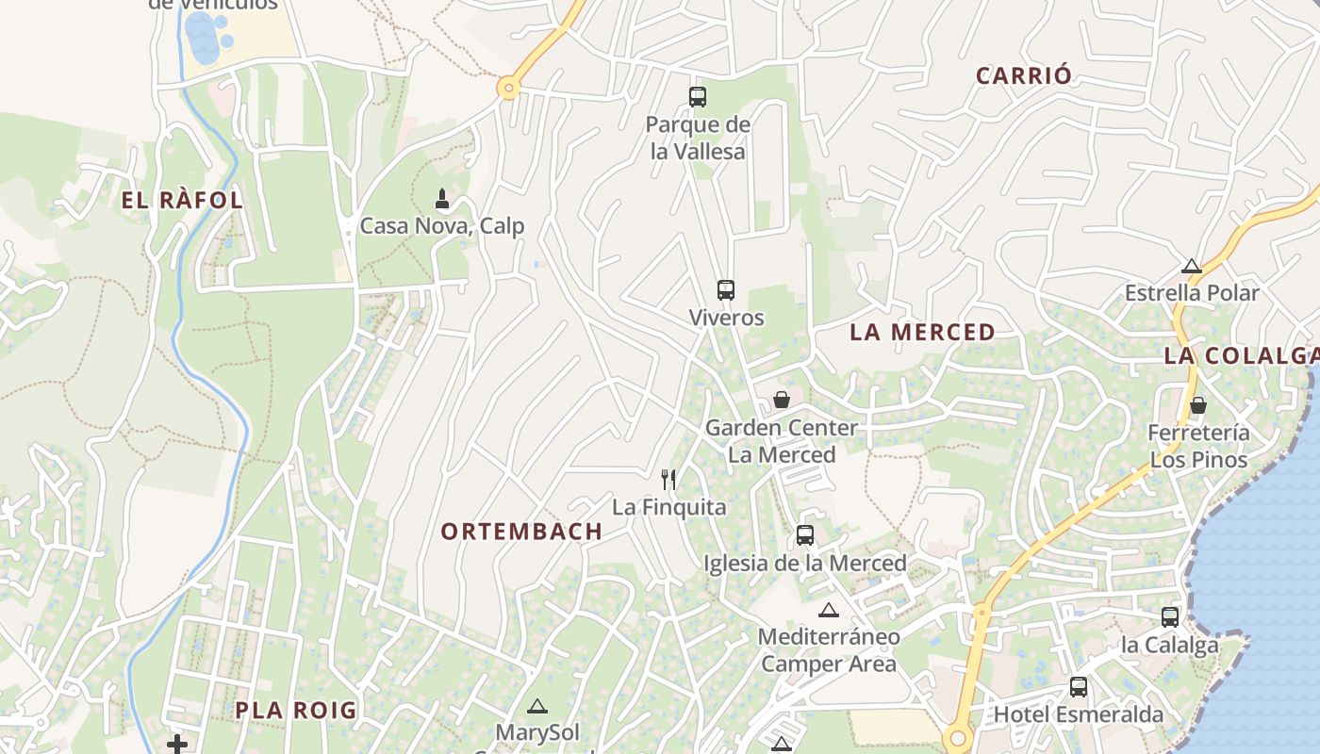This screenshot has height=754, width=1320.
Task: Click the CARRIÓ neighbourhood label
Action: (x=1024, y=76)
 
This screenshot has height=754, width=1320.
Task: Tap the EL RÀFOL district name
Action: (x=182, y=201)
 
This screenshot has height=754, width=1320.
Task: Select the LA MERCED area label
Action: (x=922, y=332)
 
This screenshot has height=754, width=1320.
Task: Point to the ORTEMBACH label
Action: (x=521, y=532)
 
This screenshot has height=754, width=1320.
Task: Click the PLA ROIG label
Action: (x=296, y=711)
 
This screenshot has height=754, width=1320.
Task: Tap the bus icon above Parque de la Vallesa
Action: (x=698, y=96)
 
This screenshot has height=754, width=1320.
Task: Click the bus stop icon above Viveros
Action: (x=725, y=290)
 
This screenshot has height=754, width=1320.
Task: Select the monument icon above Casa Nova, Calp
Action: (x=442, y=199)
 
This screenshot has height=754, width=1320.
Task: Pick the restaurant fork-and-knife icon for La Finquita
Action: (x=668, y=480)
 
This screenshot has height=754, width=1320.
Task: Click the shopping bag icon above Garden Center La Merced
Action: (x=782, y=400)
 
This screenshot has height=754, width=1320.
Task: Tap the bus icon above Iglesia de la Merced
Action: (x=805, y=535)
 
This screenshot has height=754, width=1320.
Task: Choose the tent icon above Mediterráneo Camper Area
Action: (x=829, y=610)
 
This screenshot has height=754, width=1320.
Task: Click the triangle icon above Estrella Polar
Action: (x=1192, y=266)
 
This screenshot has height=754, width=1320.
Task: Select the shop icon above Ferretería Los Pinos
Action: (x=1198, y=406)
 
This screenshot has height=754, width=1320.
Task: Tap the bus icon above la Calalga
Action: (x=1170, y=617)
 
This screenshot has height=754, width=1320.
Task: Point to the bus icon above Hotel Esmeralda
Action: (x=1079, y=687)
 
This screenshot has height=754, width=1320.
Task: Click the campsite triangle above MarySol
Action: (x=536, y=706)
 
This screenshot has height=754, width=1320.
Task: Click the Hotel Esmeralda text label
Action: (x=1079, y=714)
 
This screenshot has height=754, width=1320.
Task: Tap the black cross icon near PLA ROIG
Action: (x=177, y=745)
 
